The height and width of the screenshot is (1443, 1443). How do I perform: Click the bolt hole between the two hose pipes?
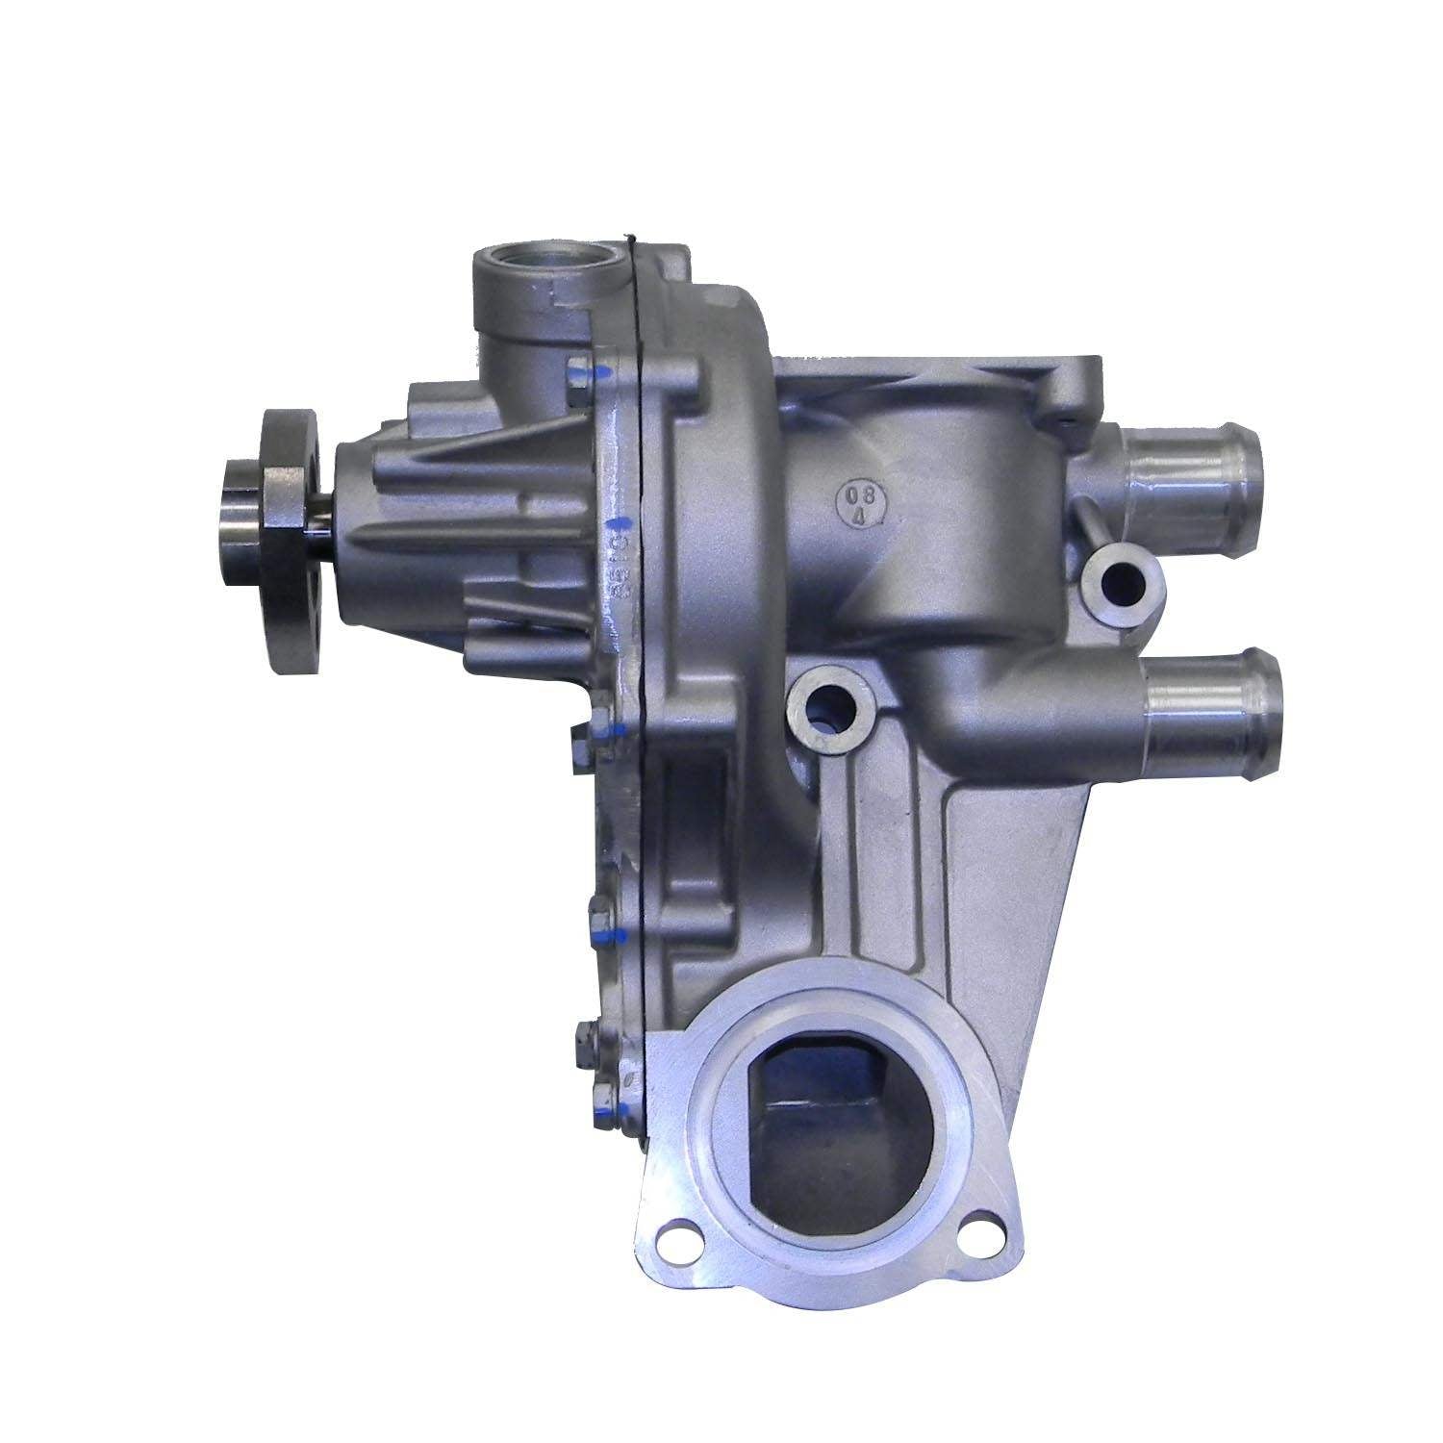pos(1122,581)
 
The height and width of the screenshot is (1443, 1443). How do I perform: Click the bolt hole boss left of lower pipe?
pos(823,712)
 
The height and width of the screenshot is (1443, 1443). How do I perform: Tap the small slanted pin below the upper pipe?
pos(1091,523)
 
